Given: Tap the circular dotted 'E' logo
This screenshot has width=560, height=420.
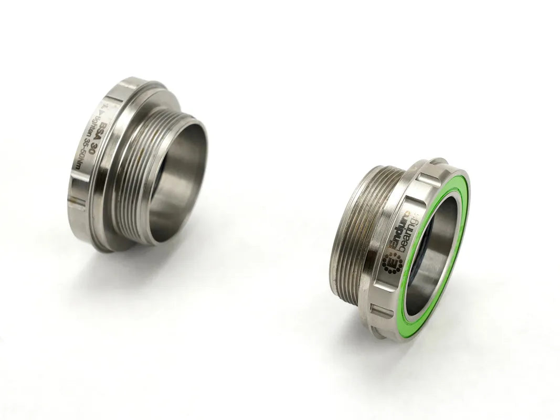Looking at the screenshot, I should (391, 262).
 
